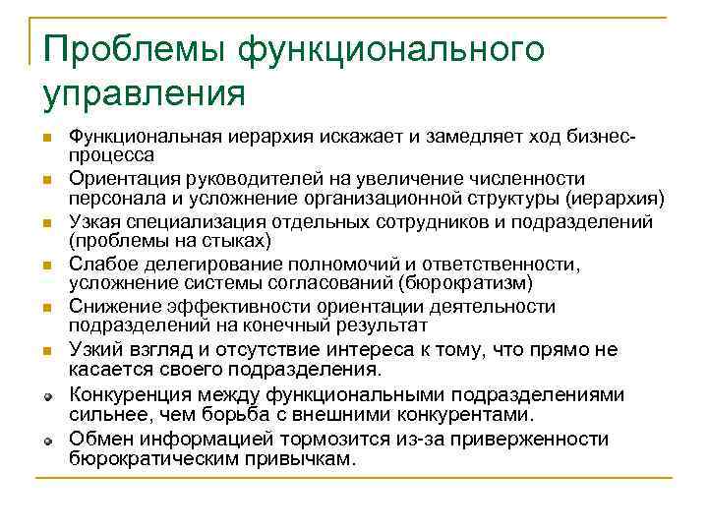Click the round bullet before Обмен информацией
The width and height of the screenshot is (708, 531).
(x=46, y=440)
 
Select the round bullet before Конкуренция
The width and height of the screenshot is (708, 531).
(x=46, y=396)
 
